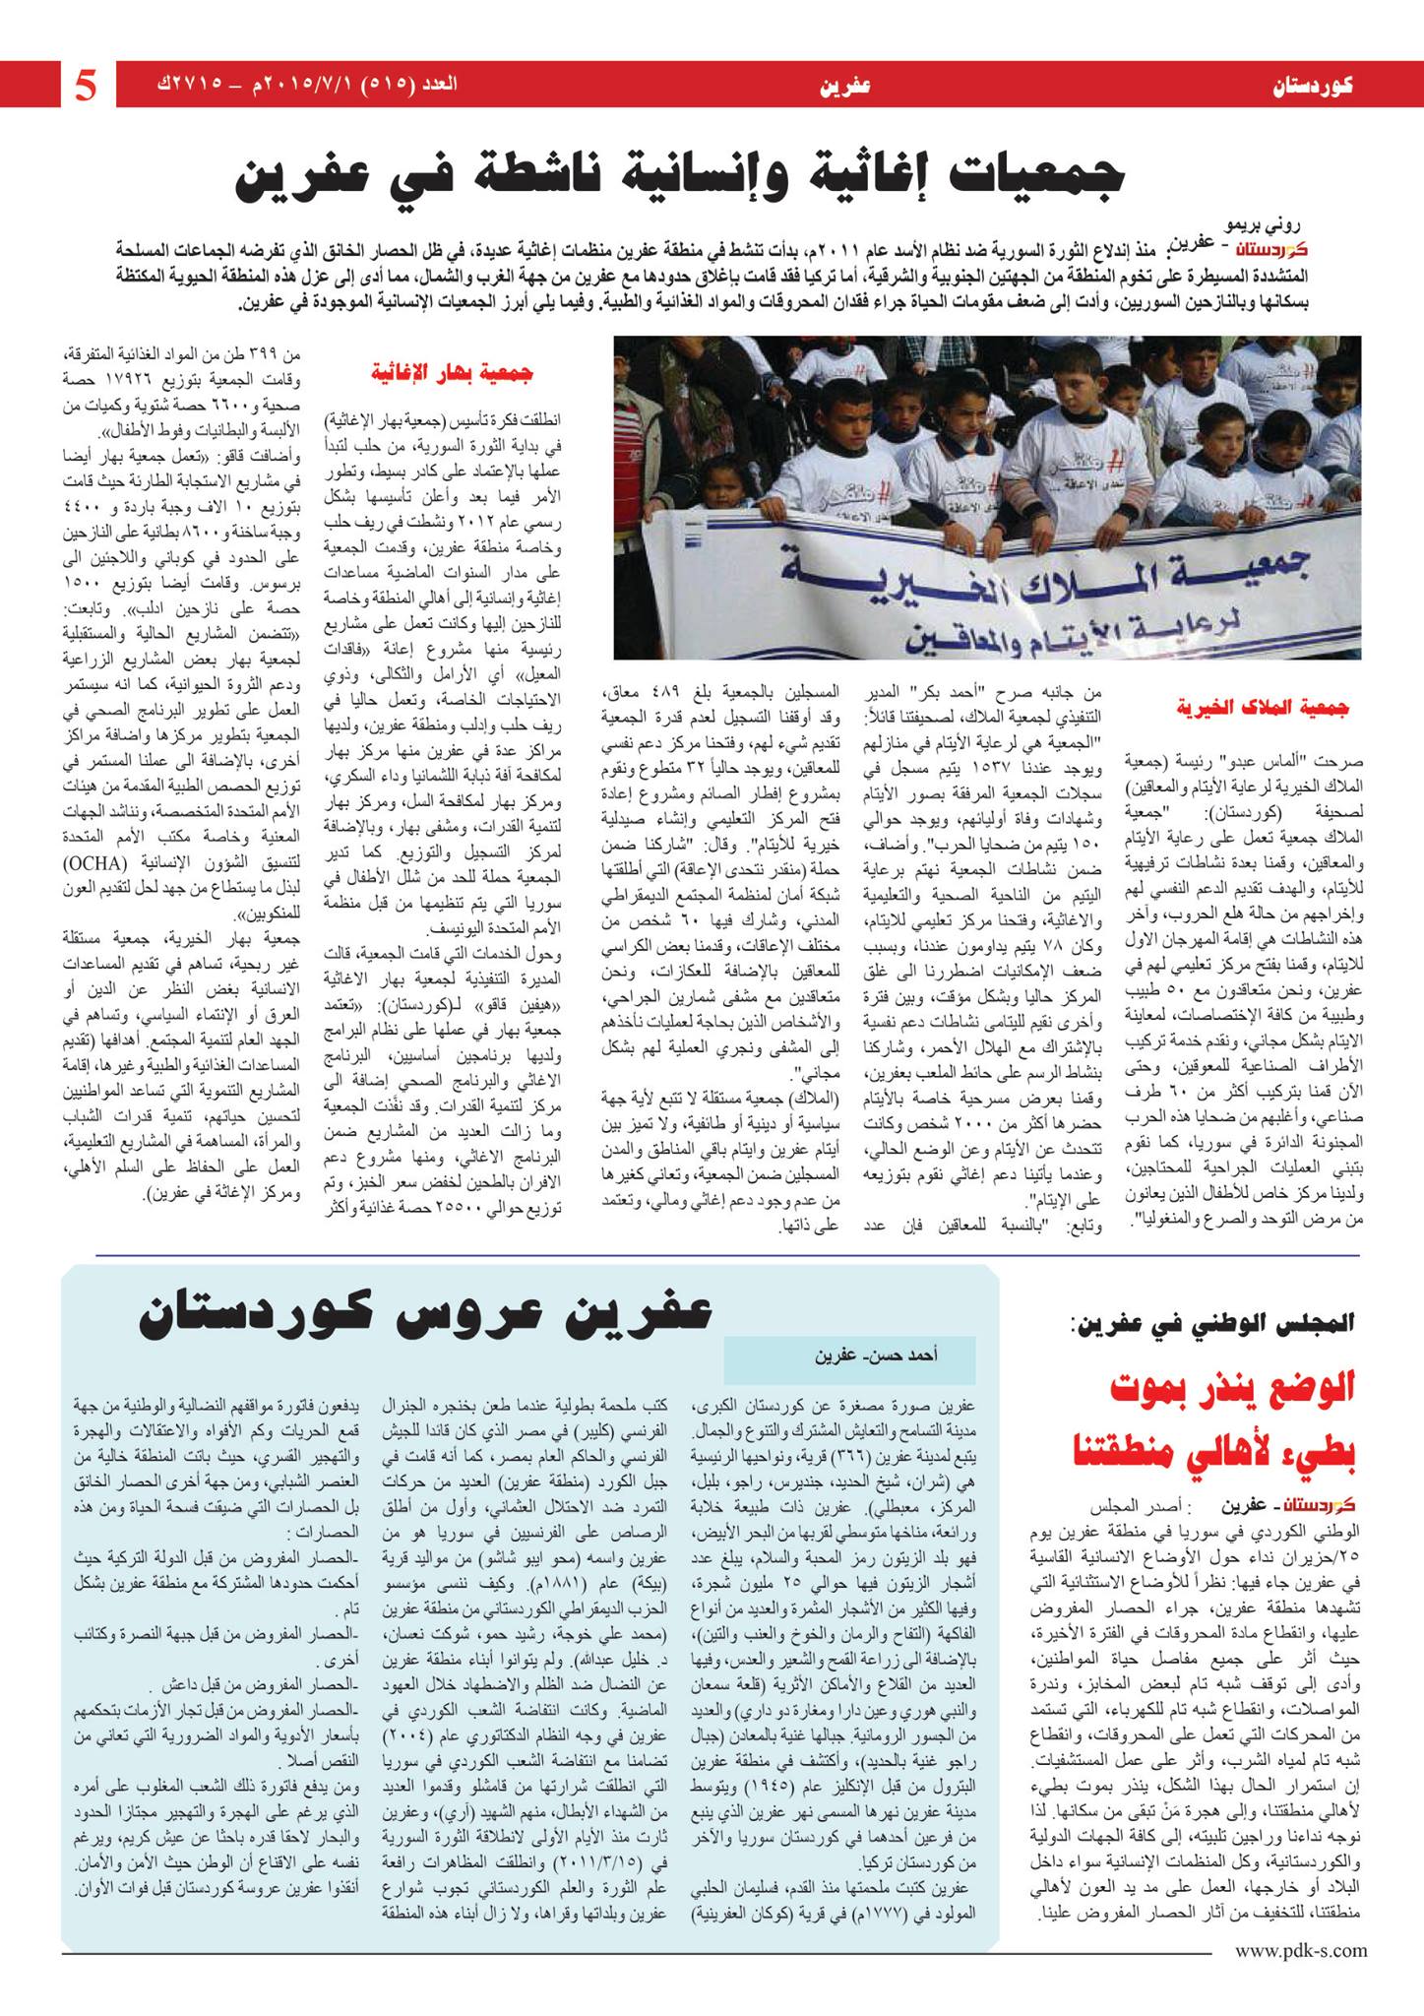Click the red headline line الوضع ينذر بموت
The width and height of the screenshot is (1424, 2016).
click(1232, 1390)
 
